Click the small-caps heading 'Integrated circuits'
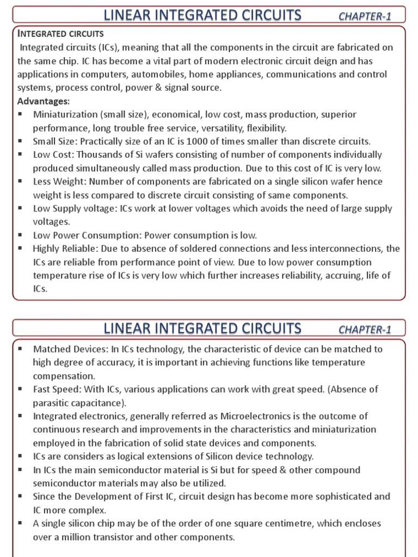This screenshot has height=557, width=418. point(60,34)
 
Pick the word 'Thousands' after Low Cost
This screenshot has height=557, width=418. point(96,155)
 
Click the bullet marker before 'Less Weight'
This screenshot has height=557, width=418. point(20,182)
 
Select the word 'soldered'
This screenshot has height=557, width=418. point(193,249)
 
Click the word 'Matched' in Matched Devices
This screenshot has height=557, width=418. point(50,349)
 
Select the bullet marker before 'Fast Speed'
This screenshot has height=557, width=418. point(20,389)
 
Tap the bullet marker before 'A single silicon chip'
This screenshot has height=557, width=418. point(20,523)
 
